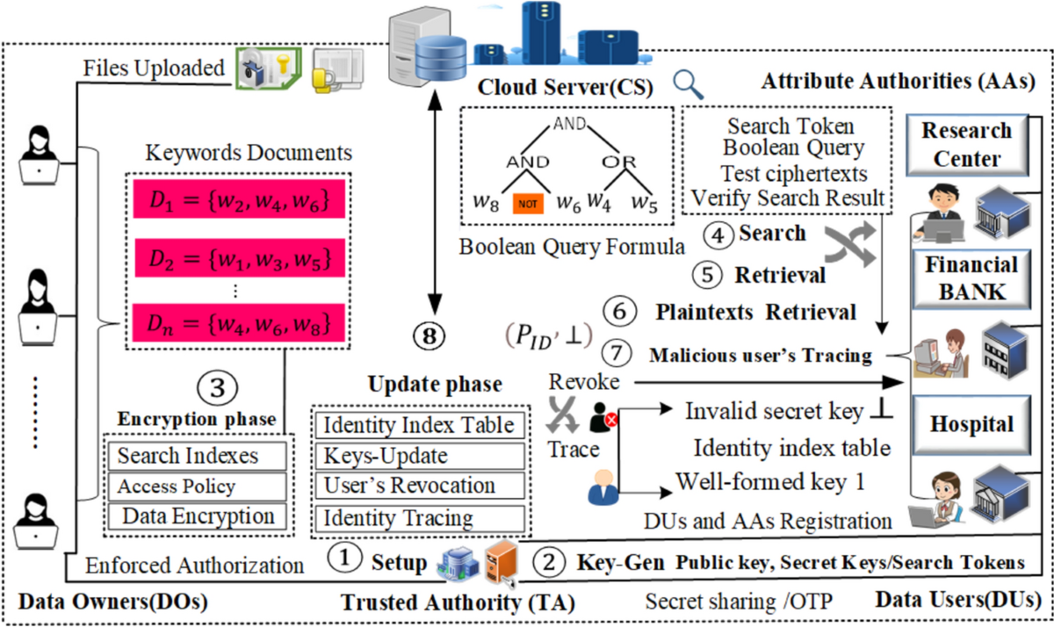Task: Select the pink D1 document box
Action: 233,203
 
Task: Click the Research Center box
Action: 966,145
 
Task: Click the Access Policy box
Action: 196,486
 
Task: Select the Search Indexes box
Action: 196,456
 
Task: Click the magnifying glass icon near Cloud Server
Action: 690,84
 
